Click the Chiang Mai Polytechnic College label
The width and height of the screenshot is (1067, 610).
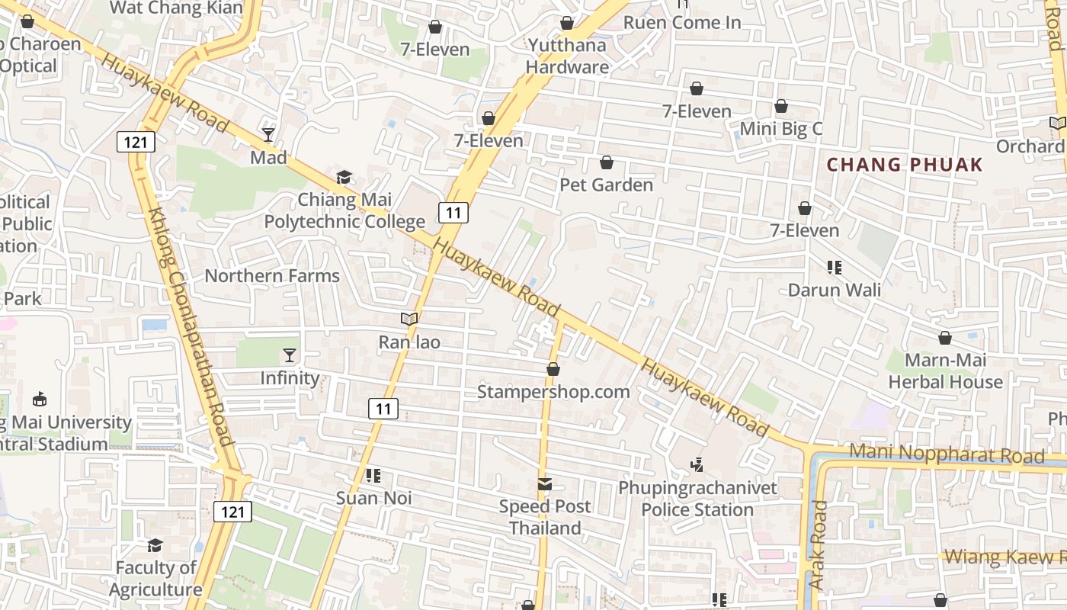tap(344, 211)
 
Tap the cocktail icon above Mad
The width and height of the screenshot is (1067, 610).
tap(268, 135)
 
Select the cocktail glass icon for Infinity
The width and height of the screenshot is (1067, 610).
tap(290, 355)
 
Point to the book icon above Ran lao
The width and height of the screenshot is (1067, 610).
tap(409, 319)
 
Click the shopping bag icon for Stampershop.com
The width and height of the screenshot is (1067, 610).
tap(553, 370)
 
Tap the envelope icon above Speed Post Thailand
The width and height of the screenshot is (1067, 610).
tap(545, 483)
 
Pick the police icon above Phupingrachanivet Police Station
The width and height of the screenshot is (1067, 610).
tap(697, 464)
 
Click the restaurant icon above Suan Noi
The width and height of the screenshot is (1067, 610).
tap(373, 476)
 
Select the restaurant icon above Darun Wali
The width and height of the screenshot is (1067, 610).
tap(835, 268)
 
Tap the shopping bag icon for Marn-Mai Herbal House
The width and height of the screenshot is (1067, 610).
tap(945, 338)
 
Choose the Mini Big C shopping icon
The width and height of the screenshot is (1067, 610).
tap(781, 106)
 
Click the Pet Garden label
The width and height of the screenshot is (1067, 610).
tap(607, 185)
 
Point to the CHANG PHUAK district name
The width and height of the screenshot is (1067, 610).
tap(905, 165)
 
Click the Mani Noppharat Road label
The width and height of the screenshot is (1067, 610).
tap(947, 454)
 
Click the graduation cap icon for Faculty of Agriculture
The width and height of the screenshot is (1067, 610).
tap(155, 545)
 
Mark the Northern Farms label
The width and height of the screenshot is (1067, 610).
tap(272, 276)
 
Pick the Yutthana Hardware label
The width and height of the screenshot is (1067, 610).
tap(569, 56)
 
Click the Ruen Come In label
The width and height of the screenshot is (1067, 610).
tap(682, 23)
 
